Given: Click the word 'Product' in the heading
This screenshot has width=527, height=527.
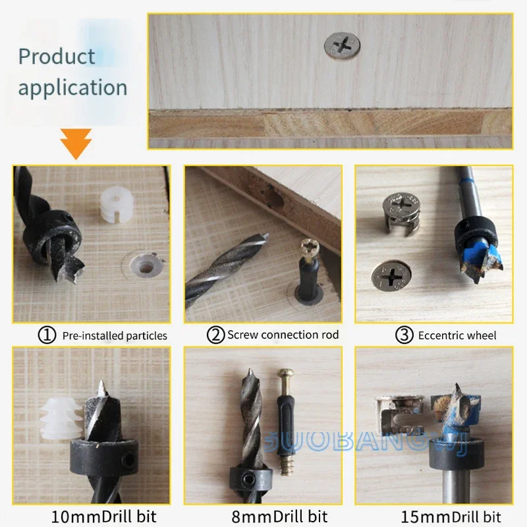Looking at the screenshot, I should [57, 57].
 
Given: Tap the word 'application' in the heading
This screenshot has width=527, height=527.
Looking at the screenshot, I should [72, 88].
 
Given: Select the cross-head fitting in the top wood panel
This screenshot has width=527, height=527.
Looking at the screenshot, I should [342, 47].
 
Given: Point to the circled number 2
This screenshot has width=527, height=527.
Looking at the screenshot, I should [215, 335].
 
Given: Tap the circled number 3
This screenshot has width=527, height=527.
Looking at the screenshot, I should [404, 335].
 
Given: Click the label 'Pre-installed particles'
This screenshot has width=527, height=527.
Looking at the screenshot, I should [115, 336].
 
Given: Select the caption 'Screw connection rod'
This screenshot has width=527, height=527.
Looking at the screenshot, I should [283, 335].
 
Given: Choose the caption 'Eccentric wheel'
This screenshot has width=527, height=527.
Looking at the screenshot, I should [457, 336].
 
